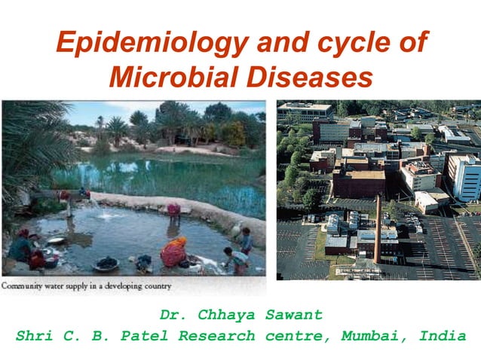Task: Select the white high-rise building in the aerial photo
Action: (x=466, y=178)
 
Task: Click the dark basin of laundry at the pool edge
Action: (x=106, y=264)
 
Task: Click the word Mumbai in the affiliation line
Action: (x=369, y=336)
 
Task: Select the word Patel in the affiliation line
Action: (x=149, y=336)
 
